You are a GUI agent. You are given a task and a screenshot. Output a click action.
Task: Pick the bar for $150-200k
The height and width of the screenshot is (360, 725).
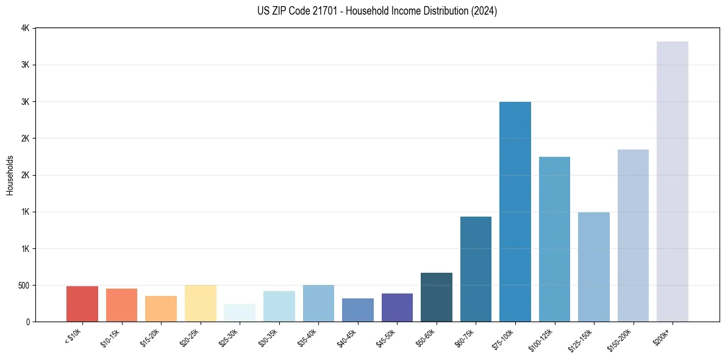click(x=633, y=236)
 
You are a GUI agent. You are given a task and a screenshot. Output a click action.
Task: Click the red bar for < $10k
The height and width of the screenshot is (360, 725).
click(x=82, y=304)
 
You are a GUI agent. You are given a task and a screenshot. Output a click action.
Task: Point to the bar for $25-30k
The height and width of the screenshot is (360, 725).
click(x=240, y=312)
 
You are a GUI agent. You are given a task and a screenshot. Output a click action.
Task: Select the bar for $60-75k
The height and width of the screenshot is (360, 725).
click(x=476, y=269)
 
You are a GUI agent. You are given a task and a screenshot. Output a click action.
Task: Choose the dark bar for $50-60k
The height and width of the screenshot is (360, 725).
click(x=436, y=297)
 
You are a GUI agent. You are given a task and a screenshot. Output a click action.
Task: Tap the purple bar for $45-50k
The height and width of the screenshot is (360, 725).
click(x=397, y=308)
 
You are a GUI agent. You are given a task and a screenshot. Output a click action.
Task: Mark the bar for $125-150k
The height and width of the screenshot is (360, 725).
click(x=593, y=267)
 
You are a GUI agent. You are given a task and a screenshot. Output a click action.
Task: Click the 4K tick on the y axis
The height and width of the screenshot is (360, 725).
click(x=25, y=28)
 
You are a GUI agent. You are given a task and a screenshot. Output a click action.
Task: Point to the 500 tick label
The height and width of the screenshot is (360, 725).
click(x=23, y=285)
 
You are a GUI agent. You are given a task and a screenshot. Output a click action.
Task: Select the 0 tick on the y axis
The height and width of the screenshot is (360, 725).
click(x=27, y=322)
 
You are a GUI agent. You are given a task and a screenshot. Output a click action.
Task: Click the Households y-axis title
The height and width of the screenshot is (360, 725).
click(x=10, y=175)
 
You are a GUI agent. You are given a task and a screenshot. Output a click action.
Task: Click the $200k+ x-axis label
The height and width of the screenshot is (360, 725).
click(x=662, y=335)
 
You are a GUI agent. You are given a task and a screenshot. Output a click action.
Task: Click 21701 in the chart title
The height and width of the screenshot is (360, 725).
click(x=323, y=11)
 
